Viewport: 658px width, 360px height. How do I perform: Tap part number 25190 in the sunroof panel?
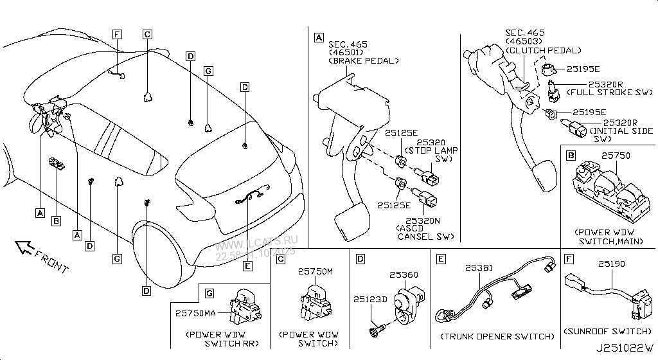(610, 264)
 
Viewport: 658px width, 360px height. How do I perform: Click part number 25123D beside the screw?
(369, 299)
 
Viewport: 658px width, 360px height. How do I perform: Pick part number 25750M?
(316, 272)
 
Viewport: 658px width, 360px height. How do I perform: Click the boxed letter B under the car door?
(56, 221)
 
